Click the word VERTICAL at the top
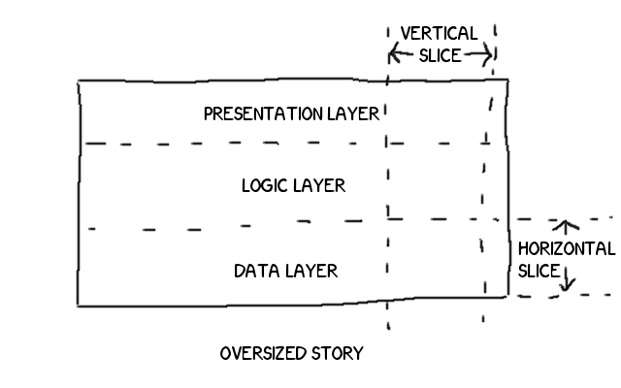click(439, 33)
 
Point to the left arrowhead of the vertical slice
click(392, 53)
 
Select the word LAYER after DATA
click(311, 270)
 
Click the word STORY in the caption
click(339, 353)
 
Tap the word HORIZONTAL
click(566, 248)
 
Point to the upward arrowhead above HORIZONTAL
click(559, 225)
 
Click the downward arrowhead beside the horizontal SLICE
click(568, 288)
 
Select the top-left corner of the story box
click(79, 82)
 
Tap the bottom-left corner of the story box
click(79, 306)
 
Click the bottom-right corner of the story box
click(507, 296)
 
